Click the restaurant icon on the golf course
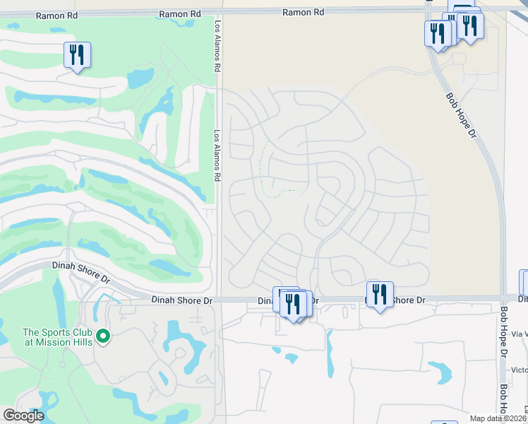[x=77, y=55]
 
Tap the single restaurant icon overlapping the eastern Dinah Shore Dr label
[x=380, y=294]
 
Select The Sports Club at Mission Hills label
[x=59, y=337]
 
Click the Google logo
[x=23, y=416]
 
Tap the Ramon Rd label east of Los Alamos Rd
[x=303, y=12]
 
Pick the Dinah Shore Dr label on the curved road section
[x=82, y=269]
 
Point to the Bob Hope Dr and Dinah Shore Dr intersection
[x=503, y=298]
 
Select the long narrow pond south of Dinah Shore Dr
[x=330, y=353]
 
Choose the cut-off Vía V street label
[x=520, y=333]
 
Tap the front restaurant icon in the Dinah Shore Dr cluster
[x=292, y=304]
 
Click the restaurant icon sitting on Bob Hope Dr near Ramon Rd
[x=438, y=33]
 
